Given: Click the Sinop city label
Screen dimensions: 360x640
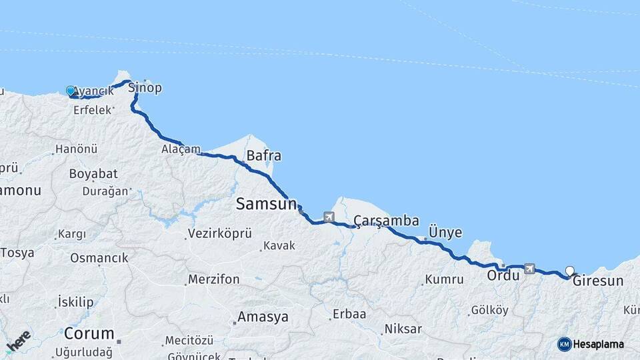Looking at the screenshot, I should (145, 87).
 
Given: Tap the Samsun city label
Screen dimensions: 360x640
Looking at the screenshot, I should (266, 205).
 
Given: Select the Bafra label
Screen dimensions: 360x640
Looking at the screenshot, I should (263, 156).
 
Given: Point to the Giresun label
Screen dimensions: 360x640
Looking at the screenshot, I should (598, 281).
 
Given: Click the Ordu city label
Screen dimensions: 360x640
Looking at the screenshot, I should (503, 275).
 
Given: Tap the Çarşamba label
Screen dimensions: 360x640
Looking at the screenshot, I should (386, 221).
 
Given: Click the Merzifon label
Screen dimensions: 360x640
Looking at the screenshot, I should (213, 279).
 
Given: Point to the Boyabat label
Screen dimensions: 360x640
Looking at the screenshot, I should (93, 173).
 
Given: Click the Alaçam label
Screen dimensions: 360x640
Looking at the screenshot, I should (180, 149).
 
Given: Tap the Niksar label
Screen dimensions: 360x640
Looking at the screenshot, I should (403, 329).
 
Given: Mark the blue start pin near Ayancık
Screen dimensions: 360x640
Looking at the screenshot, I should (71, 91).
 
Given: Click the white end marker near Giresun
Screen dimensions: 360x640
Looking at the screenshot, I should (570, 271).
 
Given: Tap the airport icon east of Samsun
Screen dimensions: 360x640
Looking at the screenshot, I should (329, 217).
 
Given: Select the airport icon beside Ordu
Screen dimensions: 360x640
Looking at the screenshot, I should (530, 269).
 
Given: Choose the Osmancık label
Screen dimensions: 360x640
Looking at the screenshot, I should (99, 257).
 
